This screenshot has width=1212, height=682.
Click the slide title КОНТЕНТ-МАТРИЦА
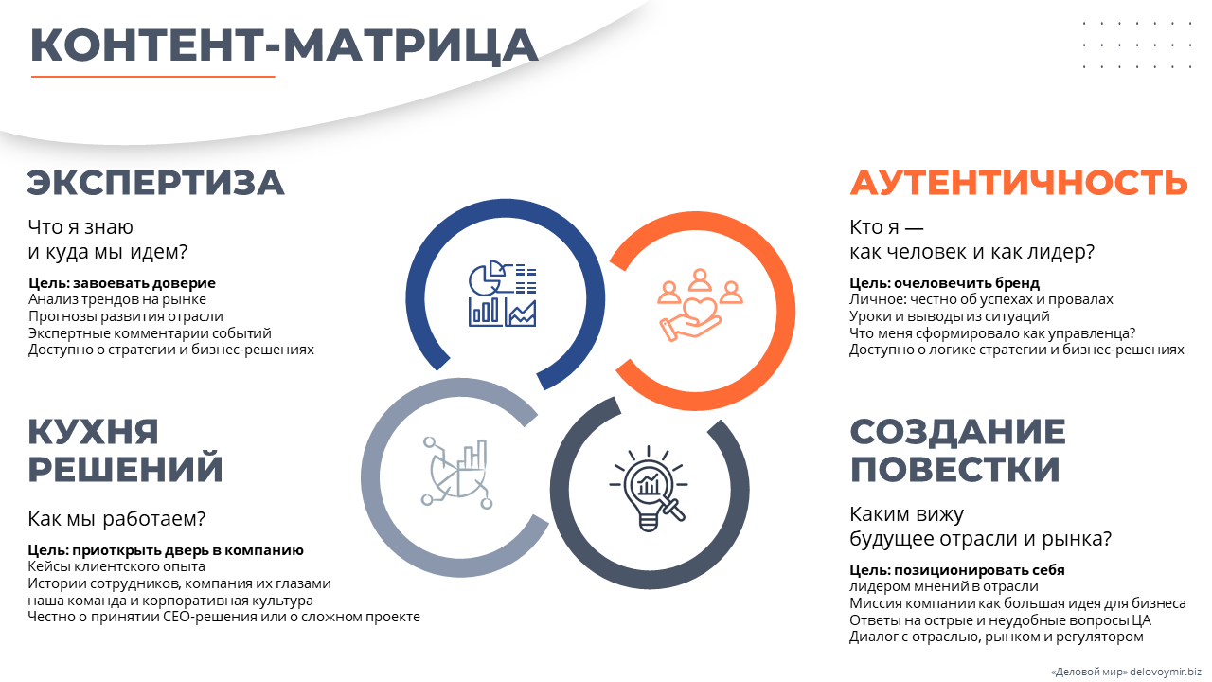284,45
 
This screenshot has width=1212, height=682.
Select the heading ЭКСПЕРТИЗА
155,183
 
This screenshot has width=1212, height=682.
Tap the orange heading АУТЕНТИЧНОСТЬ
1019,183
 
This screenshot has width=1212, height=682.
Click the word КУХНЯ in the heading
93,432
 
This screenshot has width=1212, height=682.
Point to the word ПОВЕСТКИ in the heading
955,469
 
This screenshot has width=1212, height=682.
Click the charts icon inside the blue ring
503,294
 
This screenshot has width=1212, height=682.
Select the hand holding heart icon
700,305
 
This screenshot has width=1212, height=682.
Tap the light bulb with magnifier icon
649,489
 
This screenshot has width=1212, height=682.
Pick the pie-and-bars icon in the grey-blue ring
457,473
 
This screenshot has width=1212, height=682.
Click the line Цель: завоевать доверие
122,282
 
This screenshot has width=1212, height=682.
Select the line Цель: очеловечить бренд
945,282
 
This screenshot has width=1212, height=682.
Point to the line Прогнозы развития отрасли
126,316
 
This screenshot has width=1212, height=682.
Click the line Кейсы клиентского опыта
116,566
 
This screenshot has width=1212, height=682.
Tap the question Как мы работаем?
116,518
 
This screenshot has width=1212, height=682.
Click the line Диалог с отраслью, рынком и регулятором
997,637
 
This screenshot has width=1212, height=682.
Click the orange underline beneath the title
153,77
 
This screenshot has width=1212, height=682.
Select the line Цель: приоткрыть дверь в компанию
166,550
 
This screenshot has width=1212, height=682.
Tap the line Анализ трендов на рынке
116,299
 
